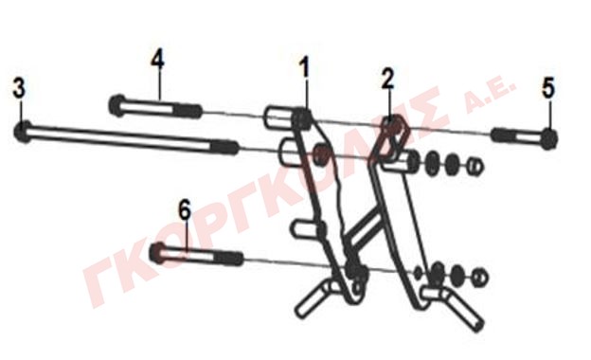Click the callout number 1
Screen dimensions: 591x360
[304, 67]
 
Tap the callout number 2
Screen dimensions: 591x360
[387, 80]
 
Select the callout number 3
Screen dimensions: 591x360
[19, 88]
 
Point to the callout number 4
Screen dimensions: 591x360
[158, 60]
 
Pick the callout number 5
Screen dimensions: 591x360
[548, 88]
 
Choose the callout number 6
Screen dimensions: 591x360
[185, 210]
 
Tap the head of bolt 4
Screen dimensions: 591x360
[116, 105]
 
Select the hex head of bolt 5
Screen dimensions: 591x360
[549, 138]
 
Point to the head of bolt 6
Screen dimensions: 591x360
[158, 253]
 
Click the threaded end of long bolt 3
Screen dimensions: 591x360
[224, 147]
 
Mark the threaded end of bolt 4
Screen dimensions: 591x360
[188, 111]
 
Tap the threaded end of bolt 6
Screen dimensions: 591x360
[230, 259]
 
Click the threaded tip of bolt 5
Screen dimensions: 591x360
[504, 135]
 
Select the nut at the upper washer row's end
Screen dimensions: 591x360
[475, 166]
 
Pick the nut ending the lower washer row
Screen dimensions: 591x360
[480, 278]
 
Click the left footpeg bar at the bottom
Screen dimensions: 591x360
[314, 298]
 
